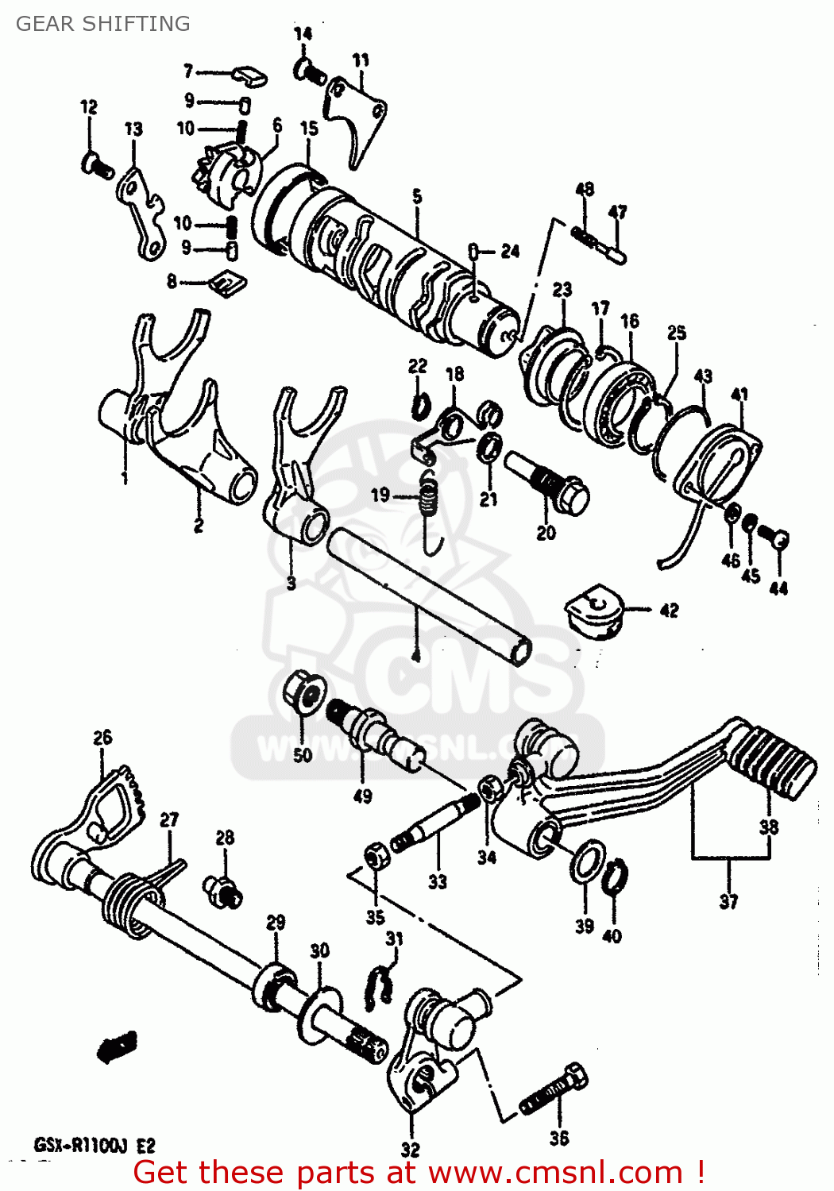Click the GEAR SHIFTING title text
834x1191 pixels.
(103, 24)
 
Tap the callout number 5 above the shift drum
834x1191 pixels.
(417, 197)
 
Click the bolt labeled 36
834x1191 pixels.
(556, 1093)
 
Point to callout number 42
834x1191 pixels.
(670, 610)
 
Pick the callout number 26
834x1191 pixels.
(102, 738)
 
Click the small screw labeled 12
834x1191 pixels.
(96, 166)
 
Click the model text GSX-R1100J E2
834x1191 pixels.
(95, 1146)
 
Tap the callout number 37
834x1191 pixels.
(728, 901)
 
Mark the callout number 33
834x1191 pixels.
(438, 881)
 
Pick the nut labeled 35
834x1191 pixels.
(376, 858)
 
